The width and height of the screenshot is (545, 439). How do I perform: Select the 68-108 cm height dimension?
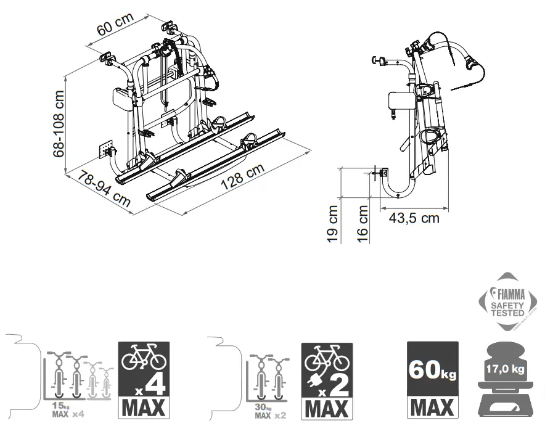pos(59,124)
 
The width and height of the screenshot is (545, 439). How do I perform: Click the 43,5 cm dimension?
pos(414,218)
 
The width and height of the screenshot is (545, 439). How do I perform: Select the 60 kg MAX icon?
pos(432,380)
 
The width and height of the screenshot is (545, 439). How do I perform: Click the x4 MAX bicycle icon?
pos(142,380)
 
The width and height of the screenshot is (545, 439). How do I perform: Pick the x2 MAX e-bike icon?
pos(327,380)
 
